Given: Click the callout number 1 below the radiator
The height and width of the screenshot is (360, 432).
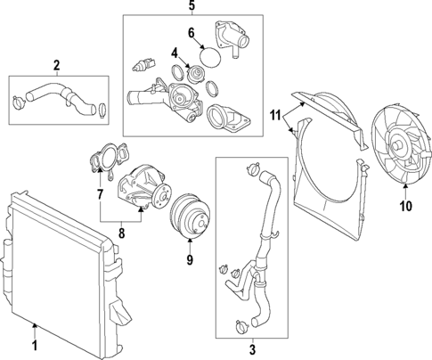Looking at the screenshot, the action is (x=35, y=346).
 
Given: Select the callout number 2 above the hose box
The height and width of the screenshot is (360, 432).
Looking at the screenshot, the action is (x=56, y=65).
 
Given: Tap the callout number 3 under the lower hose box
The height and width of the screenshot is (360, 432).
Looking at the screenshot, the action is (x=252, y=349).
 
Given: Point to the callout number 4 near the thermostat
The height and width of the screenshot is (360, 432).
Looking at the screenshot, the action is (x=175, y=53).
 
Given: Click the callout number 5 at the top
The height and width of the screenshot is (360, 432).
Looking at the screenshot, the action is (x=192, y=5).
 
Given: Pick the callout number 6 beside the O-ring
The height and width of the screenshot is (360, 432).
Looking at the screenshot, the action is (x=192, y=33).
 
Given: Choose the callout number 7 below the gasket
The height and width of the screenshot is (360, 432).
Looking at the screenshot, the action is (x=100, y=194).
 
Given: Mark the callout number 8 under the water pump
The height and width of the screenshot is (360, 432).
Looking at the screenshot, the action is (x=121, y=233).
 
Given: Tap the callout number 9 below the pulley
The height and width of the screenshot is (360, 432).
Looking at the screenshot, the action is (x=190, y=259).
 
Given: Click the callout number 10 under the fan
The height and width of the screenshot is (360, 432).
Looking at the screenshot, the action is (x=406, y=206).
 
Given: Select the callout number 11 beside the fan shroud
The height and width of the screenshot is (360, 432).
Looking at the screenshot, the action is (x=275, y=115).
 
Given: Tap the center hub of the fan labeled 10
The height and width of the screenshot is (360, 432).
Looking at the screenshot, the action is (x=396, y=145).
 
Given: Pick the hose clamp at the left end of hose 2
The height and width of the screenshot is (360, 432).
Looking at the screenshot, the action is (x=20, y=102).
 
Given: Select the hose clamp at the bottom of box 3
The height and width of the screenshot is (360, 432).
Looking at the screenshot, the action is (x=242, y=327).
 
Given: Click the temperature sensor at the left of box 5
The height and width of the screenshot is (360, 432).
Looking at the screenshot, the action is (x=143, y=65).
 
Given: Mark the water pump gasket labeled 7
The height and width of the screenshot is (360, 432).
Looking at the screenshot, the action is (x=109, y=159).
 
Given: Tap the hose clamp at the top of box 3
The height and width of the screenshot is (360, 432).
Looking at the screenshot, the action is (x=254, y=169).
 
